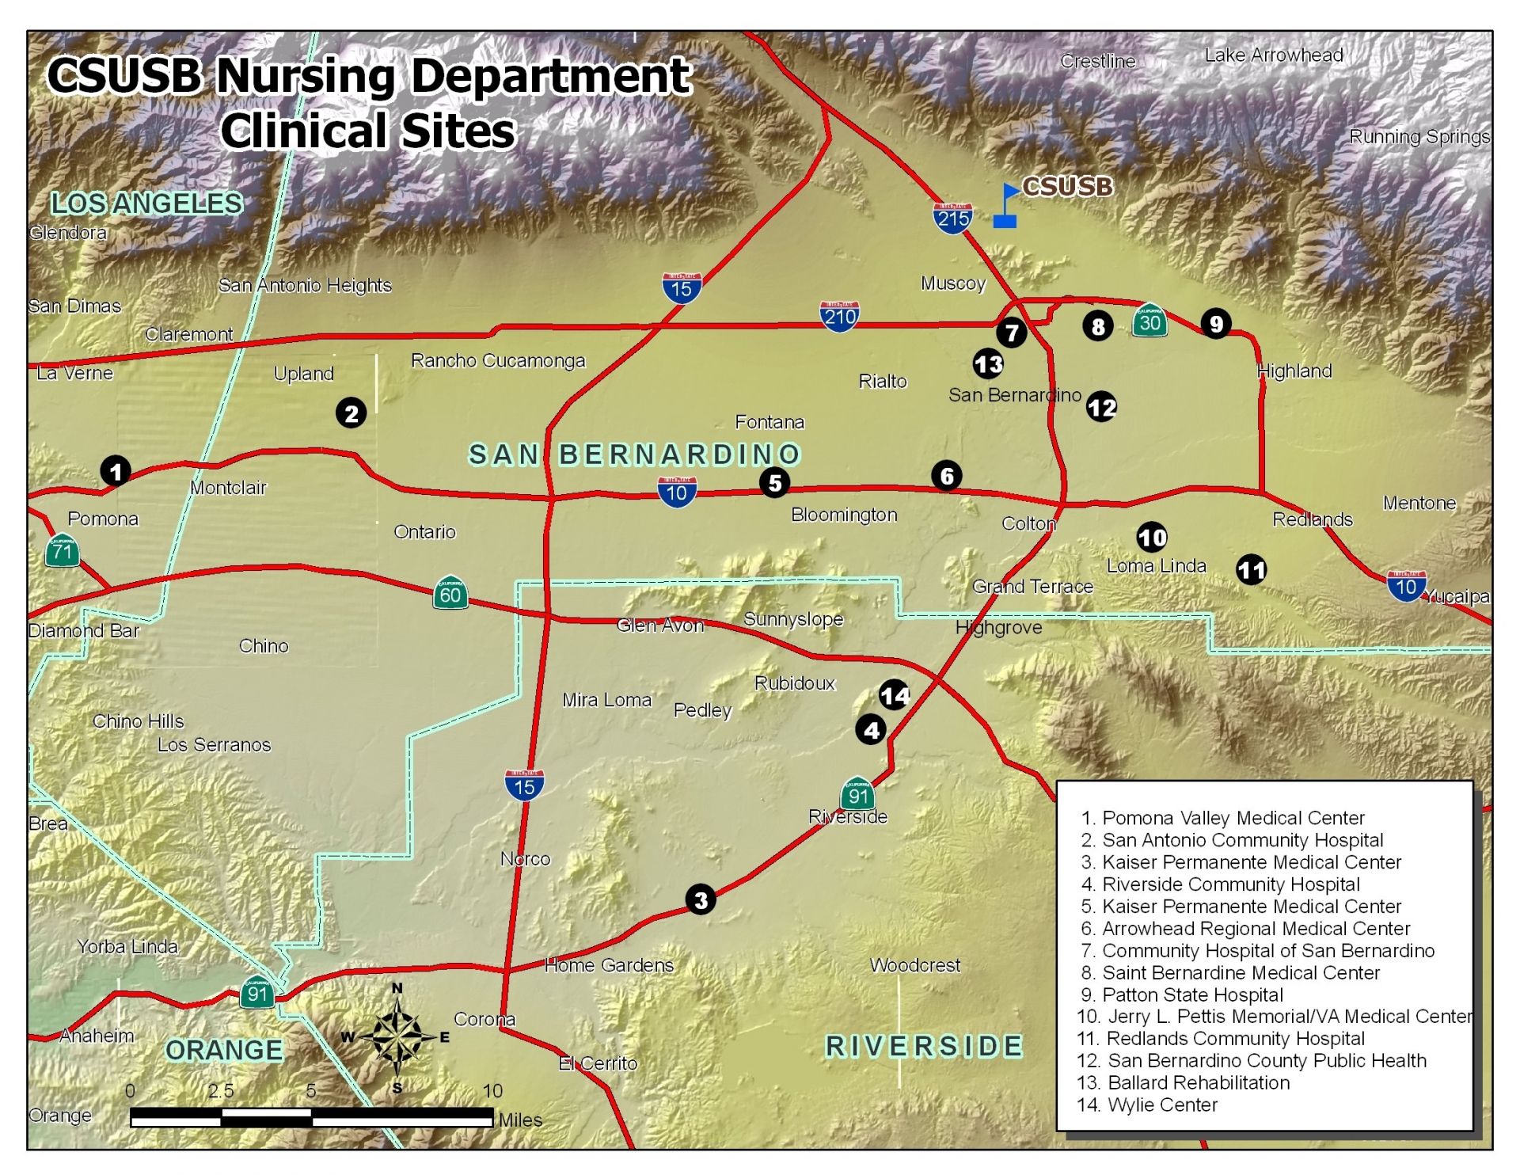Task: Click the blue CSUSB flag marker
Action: [x=1006, y=207]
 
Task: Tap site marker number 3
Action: [x=701, y=899]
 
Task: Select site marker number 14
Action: [x=895, y=695]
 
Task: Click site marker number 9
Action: [x=1216, y=323]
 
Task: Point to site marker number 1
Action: [x=116, y=471]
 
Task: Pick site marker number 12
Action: [x=1101, y=407]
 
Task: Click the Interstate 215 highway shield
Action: [x=952, y=217]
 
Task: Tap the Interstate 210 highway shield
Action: [x=839, y=316]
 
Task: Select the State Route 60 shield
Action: [x=450, y=593]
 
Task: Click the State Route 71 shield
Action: [x=63, y=550]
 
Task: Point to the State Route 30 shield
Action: [x=1149, y=320]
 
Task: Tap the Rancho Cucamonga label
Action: [x=498, y=361]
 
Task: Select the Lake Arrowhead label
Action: [x=1273, y=55]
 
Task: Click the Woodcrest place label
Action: [x=914, y=965]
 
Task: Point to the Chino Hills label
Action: [x=138, y=721]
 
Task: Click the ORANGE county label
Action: [x=224, y=1050]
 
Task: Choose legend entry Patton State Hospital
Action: [x=1192, y=994]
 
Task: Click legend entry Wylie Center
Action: [x=1161, y=1105]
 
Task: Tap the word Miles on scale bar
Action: [x=520, y=1120]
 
